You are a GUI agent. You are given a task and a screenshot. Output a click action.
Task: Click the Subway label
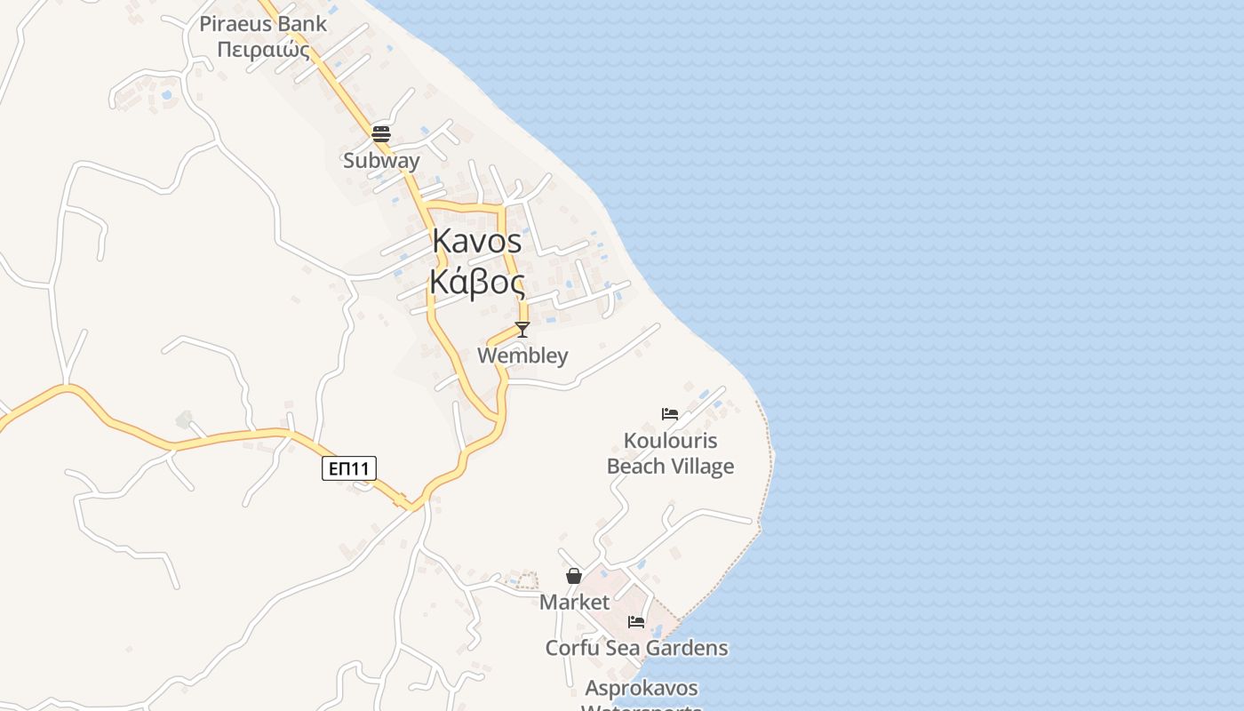(381, 161)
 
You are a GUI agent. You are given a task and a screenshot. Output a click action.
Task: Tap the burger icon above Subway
(381, 134)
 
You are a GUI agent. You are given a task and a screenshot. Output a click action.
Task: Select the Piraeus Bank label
(263, 24)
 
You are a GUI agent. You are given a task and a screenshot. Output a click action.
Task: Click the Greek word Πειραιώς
(263, 49)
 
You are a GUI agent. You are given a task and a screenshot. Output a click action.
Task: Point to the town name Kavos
(477, 242)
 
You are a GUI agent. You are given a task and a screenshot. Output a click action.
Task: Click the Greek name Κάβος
(477, 282)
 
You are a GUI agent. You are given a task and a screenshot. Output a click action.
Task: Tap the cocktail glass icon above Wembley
(522, 330)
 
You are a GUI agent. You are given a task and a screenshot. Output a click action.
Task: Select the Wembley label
(522, 355)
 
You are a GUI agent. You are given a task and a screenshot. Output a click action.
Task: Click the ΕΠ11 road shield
(349, 468)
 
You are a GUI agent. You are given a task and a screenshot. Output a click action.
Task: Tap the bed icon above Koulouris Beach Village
(670, 414)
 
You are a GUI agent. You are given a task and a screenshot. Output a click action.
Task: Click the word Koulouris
(671, 441)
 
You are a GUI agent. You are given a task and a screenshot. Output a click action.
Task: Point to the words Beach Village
(671, 467)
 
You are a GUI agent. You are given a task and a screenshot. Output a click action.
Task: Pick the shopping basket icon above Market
(574, 576)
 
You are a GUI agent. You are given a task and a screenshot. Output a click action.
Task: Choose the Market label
(575, 602)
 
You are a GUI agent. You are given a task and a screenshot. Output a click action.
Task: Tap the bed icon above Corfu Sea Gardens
(636, 622)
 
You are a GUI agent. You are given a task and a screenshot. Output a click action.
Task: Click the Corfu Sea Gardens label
(636, 648)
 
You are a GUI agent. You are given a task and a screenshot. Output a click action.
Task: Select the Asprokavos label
(642, 688)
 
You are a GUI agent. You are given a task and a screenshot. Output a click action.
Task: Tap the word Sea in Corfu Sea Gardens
(623, 648)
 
